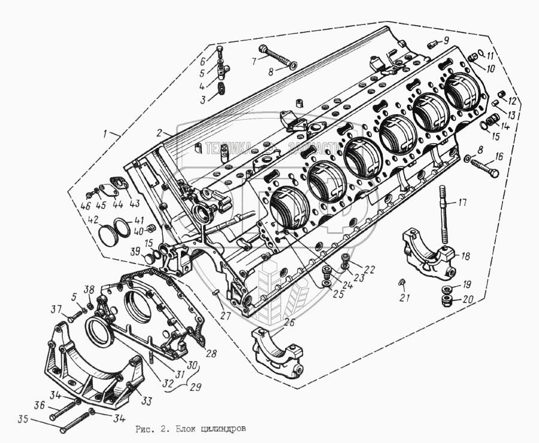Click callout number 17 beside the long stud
462,202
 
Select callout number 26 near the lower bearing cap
289,323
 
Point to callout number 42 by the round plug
92,220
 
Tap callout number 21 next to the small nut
405,298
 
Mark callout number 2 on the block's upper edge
161,132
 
